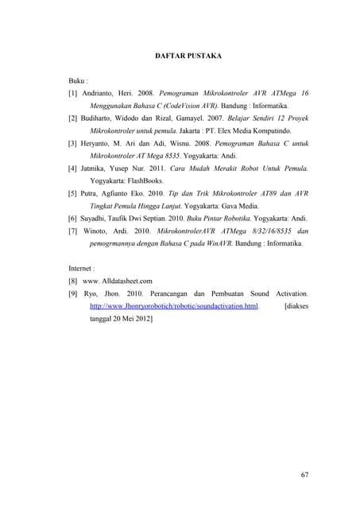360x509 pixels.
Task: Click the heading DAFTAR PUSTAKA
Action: click(188, 56)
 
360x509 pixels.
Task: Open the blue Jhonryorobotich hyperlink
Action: click(174, 306)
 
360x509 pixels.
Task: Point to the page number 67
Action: click(304, 474)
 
